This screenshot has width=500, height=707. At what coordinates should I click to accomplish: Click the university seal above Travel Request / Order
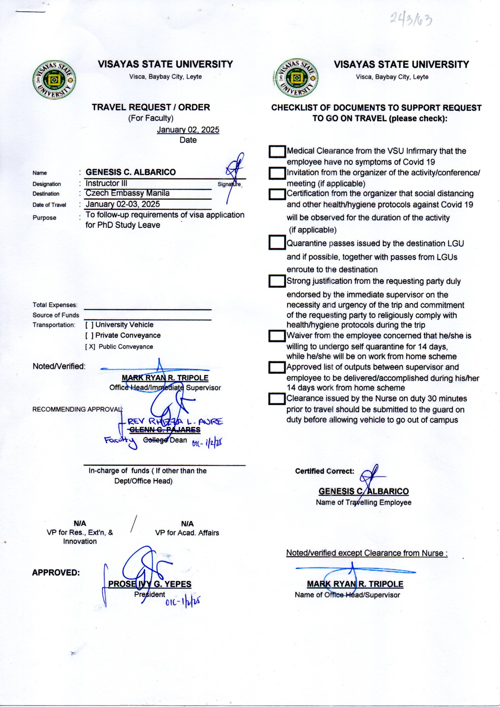54,80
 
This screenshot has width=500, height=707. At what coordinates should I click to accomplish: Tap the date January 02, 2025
188,130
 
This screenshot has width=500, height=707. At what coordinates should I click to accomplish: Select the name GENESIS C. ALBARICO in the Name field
131,172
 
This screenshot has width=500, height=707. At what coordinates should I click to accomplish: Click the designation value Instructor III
106,183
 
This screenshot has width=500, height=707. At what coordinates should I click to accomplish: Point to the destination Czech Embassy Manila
128,193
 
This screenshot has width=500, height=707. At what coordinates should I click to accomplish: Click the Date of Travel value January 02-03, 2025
122,204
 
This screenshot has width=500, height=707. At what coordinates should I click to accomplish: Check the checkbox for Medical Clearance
277,151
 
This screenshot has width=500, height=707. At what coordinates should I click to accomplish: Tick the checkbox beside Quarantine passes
277,242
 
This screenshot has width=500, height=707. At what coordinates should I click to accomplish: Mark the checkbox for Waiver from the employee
277,336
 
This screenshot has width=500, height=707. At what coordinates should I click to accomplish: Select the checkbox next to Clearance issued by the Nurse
277,399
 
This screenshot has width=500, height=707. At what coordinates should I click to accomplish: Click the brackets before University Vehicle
89,325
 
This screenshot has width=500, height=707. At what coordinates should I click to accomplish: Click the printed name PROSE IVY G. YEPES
150,584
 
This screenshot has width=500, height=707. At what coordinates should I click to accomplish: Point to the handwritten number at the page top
411,20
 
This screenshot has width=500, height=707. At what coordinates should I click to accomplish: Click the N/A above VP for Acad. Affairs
187,524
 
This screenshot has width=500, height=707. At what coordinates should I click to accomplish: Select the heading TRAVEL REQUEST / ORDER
151,107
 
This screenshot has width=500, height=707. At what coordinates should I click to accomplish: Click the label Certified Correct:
324,471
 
